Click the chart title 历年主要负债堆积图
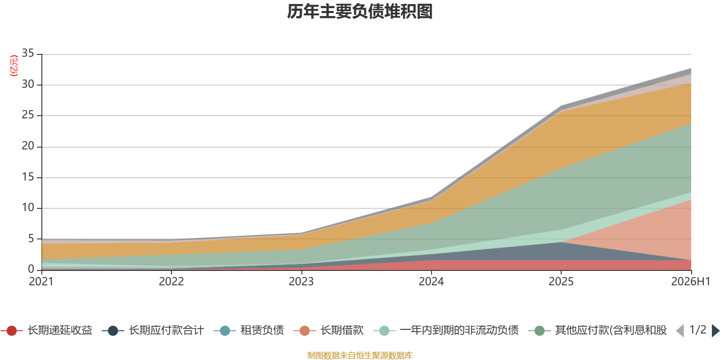click(360, 12)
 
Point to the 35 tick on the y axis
click(28, 53)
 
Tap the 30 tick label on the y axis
click(28, 84)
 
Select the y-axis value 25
click(28, 115)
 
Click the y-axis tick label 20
click(28, 146)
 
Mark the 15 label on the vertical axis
click(28, 177)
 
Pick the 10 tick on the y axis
click(28, 207)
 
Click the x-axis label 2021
click(41, 282)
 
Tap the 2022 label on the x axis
click(171, 282)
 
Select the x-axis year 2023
click(301, 282)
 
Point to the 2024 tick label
click(431, 282)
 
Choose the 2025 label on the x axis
click(561, 282)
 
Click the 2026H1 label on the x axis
click(691, 282)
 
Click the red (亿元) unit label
click(14, 66)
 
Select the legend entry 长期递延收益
click(47, 330)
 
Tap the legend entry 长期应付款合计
click(153, 330)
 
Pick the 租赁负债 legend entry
click(249, 330)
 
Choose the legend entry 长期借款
click(328, 330)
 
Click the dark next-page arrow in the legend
click(715, 330)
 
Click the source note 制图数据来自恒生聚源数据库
click(360, 355)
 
